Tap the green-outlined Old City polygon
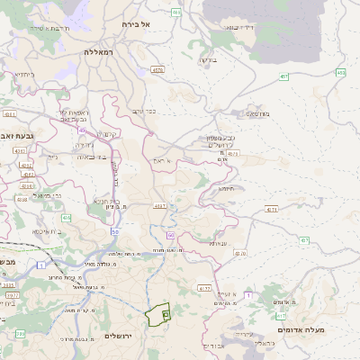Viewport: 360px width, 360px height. click(157, 315)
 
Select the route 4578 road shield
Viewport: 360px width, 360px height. click(157, 69)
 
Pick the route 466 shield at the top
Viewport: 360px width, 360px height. click(176, 13)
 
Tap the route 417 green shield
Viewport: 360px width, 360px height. click(281, 316)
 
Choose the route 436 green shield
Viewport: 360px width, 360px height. click(66, 218)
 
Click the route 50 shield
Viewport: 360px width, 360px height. click(115, 232)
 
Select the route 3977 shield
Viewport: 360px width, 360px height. click(12, 294)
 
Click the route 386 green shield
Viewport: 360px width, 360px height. click(20, 334)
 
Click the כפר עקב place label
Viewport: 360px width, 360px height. click(144, 112)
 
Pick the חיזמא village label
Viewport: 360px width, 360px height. click(225, 189)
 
